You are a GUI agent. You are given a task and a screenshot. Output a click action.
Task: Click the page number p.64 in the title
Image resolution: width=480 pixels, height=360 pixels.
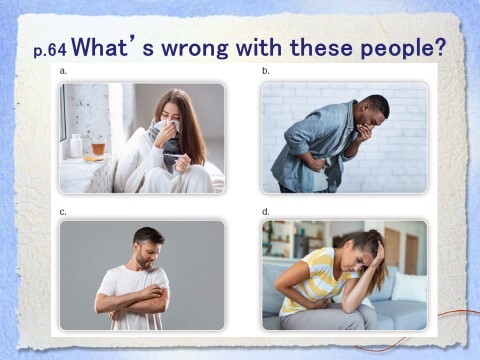[50, 50]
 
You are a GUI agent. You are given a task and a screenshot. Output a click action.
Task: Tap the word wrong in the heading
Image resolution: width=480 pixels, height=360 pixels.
[195, 49]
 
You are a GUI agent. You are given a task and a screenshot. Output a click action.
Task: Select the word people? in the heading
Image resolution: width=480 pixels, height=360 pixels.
[403, 49]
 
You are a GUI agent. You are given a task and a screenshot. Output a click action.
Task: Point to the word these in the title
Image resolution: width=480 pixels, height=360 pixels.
[321, 48]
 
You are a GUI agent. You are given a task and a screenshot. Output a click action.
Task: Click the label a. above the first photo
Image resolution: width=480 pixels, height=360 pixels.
[63, 71]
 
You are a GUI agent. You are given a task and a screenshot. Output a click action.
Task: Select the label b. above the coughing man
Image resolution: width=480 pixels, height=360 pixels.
[266, 71]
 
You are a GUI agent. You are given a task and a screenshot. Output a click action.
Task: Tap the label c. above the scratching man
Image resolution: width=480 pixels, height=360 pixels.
[63, 212]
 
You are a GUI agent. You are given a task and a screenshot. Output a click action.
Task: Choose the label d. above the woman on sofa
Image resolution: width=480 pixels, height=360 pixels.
[266, 212]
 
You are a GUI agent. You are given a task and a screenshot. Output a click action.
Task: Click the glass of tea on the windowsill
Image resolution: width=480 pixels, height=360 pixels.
[98, 147]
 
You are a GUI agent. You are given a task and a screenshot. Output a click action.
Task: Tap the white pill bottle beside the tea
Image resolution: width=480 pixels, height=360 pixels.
[76, 145]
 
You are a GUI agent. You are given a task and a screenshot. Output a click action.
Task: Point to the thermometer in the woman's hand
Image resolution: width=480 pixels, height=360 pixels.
[174, 156]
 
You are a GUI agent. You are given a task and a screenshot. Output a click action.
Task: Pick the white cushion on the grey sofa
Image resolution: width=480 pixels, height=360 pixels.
[409, 287]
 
